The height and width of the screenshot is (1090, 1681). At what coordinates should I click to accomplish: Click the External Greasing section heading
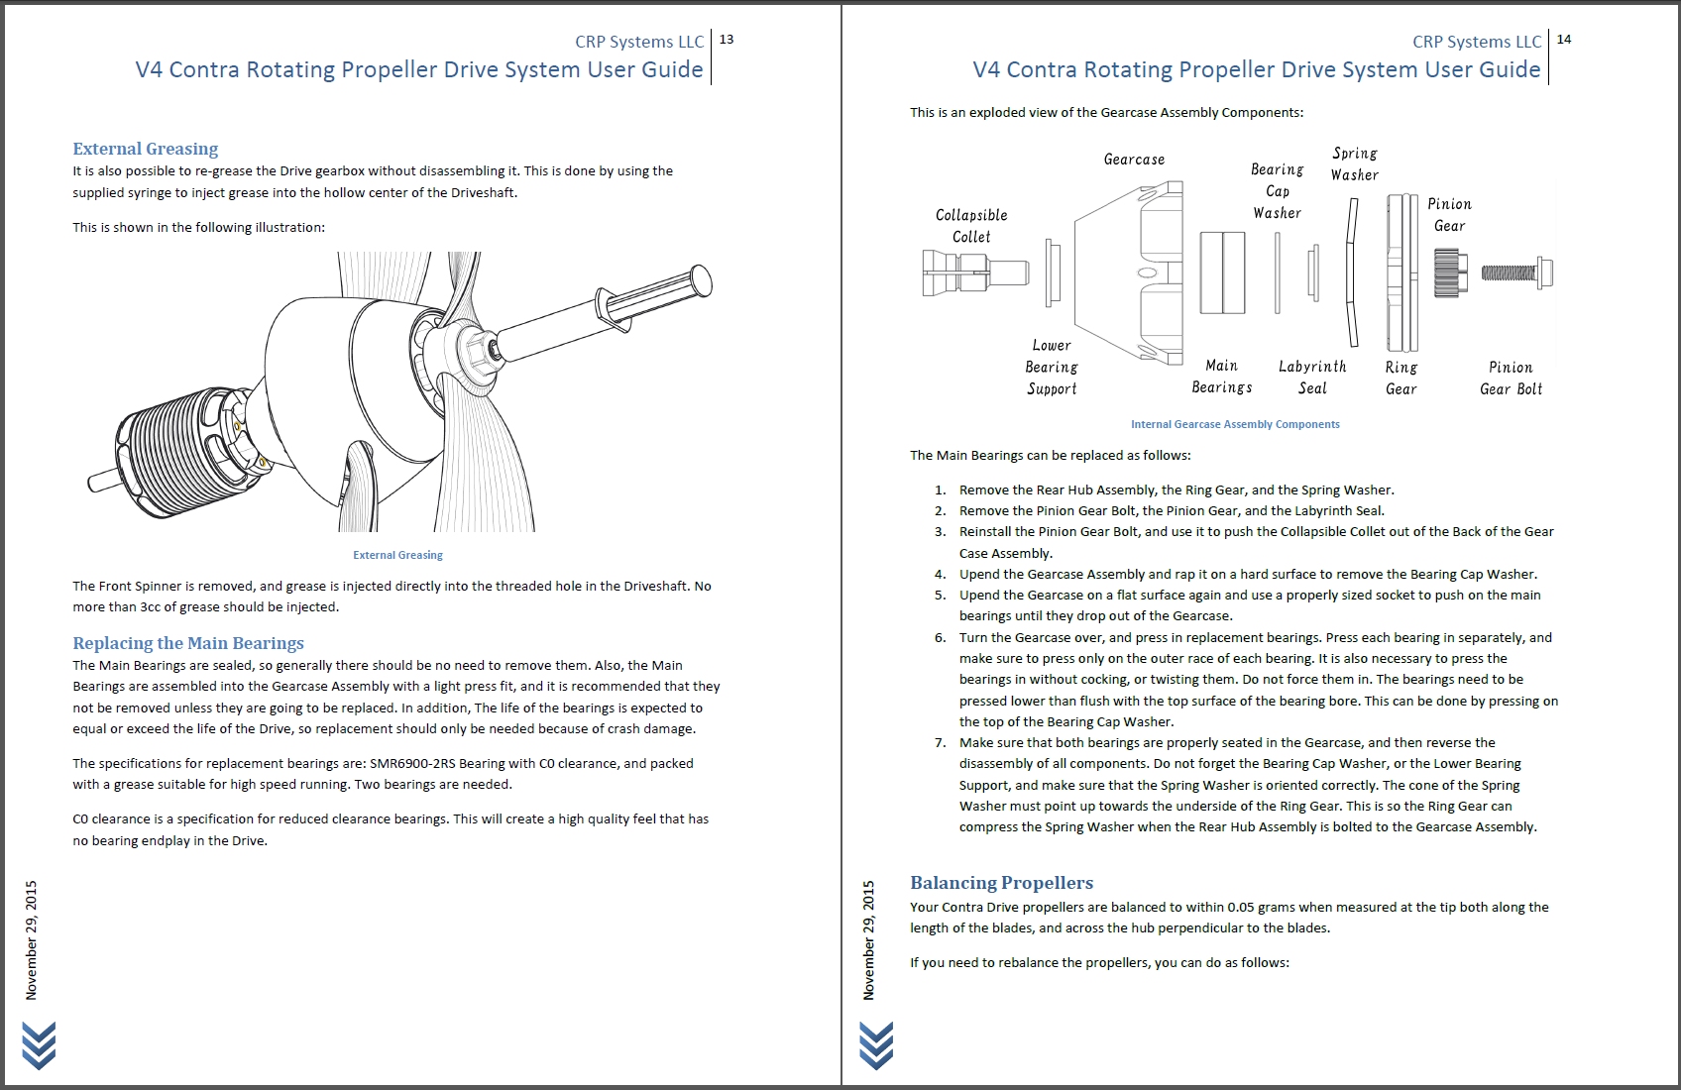146,149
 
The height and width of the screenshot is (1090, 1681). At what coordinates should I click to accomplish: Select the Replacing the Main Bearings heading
188,643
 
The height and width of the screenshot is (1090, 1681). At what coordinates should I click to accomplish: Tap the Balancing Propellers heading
1001,883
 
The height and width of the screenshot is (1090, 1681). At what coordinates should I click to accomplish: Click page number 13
727,40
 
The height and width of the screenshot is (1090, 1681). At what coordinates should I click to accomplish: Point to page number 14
1564,40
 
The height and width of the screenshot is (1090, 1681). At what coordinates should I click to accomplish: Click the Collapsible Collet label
971,226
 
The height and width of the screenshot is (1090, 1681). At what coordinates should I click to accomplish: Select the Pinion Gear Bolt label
1511,379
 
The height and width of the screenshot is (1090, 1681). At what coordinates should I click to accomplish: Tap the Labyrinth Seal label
1312,378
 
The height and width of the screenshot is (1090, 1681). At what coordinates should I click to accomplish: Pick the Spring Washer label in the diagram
1355,164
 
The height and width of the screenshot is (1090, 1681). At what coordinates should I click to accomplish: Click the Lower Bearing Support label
1052,367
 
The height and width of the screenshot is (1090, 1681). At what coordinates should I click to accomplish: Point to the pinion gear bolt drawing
1516,272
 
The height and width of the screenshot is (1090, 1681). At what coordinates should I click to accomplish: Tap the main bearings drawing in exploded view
1222,272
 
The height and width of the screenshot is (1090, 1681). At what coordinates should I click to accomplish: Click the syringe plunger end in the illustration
700,280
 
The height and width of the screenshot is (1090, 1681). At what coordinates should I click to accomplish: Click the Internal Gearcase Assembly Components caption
1235,424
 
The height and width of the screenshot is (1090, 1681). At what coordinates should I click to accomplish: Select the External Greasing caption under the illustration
397,555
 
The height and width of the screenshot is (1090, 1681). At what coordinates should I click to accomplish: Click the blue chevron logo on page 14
876,1045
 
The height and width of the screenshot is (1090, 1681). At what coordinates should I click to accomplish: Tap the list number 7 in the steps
941,743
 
